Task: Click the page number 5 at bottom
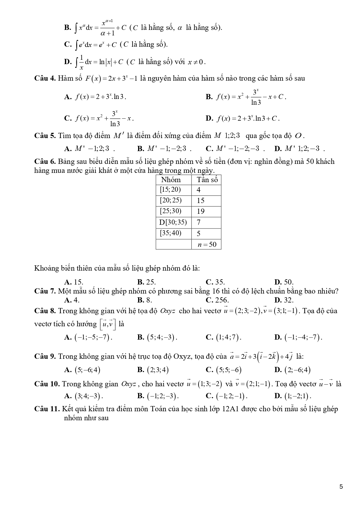pyautogui.click(x=341, y=486)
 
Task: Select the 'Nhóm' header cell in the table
pyautogui.click(x=171, y=180)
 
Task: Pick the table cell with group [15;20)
pyautogui.click(x=170, y=190)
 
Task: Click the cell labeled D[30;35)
pyautogui.click(x=173, y=222)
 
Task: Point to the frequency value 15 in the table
pyautogui.click(x=201, y=201)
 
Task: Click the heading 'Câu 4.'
pyautogui.click(x=45, y=78)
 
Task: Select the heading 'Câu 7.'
pyautogui.click(x=45, y=291)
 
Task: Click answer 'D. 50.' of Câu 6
pyautogui.click(x=284, y=282)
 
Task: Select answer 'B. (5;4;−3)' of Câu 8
pyautogui.click(x=157, y=337)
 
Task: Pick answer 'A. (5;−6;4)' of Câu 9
pyautogui.click(x=83, y=370)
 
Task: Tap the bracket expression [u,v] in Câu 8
pyautogui.click(x=108, y=324)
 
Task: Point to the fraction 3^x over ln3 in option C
pyautogui.click(x=115, y=118)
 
